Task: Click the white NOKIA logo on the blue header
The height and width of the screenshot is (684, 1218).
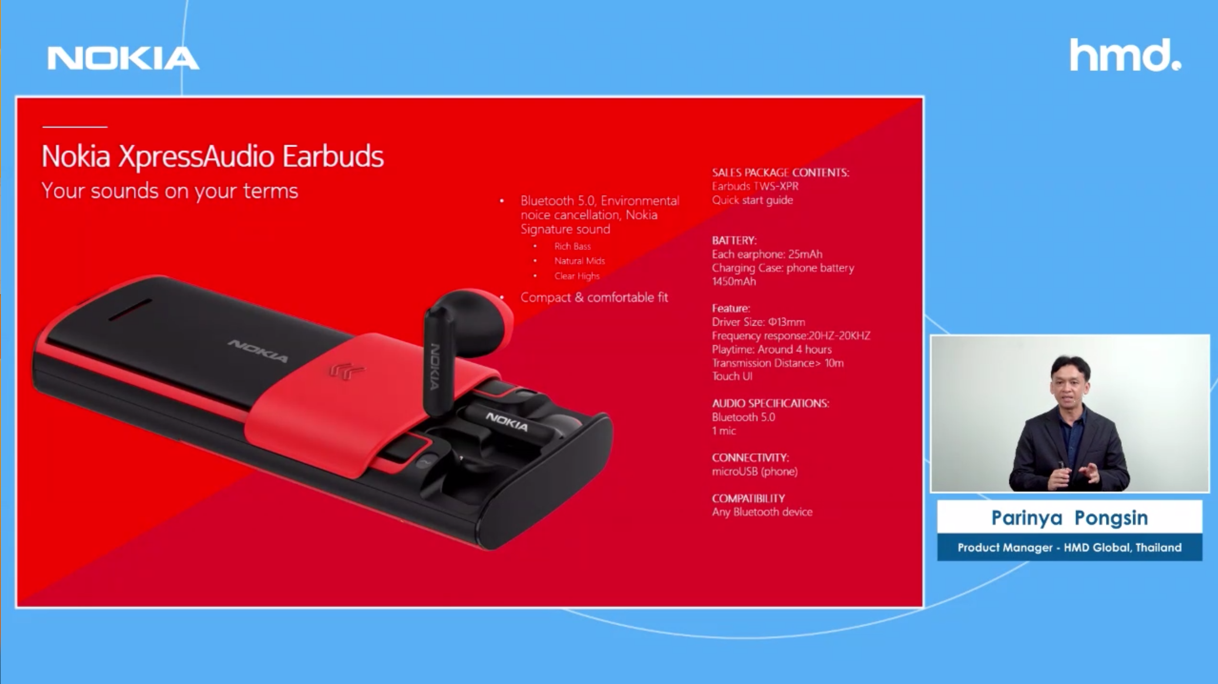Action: coord(123,58)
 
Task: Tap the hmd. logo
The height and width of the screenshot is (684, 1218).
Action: coord(1125,55)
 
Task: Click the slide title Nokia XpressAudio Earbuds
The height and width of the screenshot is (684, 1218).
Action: coord(213,157)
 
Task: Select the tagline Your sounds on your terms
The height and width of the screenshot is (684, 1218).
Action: coord(170,191)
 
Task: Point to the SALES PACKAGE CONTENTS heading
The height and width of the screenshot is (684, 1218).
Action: coord(781,173)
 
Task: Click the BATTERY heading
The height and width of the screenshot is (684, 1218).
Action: coord(734,240)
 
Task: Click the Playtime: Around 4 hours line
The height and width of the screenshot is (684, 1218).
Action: coord(772,349)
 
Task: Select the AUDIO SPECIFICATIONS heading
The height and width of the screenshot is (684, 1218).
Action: coord(770,403)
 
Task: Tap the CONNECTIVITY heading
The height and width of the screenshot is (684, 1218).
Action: coord(750,458)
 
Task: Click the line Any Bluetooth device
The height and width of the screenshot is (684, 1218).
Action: coord(762,512)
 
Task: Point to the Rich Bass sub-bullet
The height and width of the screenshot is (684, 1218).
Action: coord(572,246)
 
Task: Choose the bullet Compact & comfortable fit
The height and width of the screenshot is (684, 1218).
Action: coord(594,297)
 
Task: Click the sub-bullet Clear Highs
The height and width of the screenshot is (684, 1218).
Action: coord(577,276)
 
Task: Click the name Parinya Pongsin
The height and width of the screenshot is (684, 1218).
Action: coord(1070,518)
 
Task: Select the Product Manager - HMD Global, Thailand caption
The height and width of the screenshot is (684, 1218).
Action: coord(1070,547)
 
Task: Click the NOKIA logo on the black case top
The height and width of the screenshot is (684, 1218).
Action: coord(258,351)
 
